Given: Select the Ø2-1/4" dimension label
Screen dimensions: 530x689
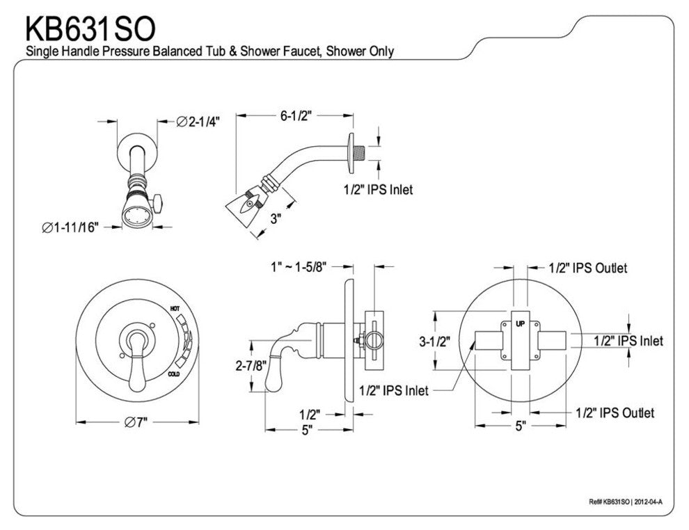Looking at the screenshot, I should click(x=198, y=122).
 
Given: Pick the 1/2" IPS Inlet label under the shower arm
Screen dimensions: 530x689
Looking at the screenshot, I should click(x=379, y=189).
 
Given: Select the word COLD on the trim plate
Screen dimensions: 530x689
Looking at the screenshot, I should click(x=177, y=375).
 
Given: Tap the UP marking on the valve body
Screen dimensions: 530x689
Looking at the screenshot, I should click(x=520, y=324).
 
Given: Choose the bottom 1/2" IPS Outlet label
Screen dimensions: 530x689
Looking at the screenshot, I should click(x=615, y=412).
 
